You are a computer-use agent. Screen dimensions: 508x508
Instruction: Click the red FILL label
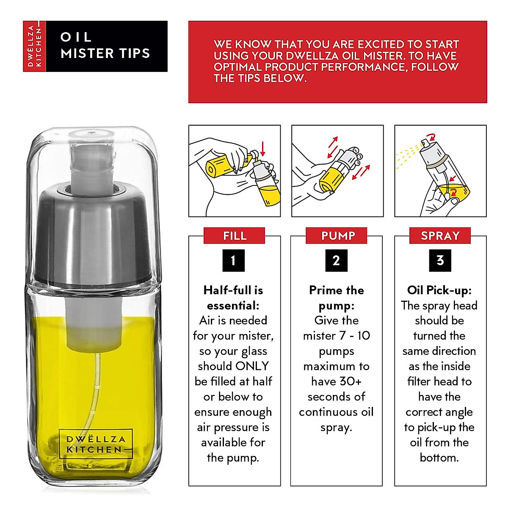(x=234, y=235)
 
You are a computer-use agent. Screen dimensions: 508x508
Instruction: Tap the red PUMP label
(x=337, y=235)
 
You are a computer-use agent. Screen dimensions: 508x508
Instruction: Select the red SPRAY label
(x=440, y=235)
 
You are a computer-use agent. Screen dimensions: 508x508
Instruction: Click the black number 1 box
(x=234, y=260)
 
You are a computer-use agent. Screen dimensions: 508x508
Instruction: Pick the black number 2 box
(x=337, y=260)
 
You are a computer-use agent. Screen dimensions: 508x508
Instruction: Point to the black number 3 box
(x=440, y=260)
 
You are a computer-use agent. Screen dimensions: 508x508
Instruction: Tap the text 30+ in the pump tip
(x=350, y=381)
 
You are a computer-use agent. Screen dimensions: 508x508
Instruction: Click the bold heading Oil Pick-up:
(x=439, y=290)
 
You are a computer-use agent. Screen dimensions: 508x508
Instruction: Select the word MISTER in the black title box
(x=87, y=53)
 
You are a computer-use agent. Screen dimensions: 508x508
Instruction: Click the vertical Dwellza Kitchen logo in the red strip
(x=35, y=46)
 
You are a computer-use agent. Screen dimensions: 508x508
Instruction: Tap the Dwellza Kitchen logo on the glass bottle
(x=95, y=444)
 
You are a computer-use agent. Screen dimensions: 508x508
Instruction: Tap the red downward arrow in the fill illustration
(x=262, y=149)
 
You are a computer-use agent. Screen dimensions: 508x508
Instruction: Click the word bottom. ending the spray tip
(x=439, y=458)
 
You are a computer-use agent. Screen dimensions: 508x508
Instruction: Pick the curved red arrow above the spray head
(x=432, y=137)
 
